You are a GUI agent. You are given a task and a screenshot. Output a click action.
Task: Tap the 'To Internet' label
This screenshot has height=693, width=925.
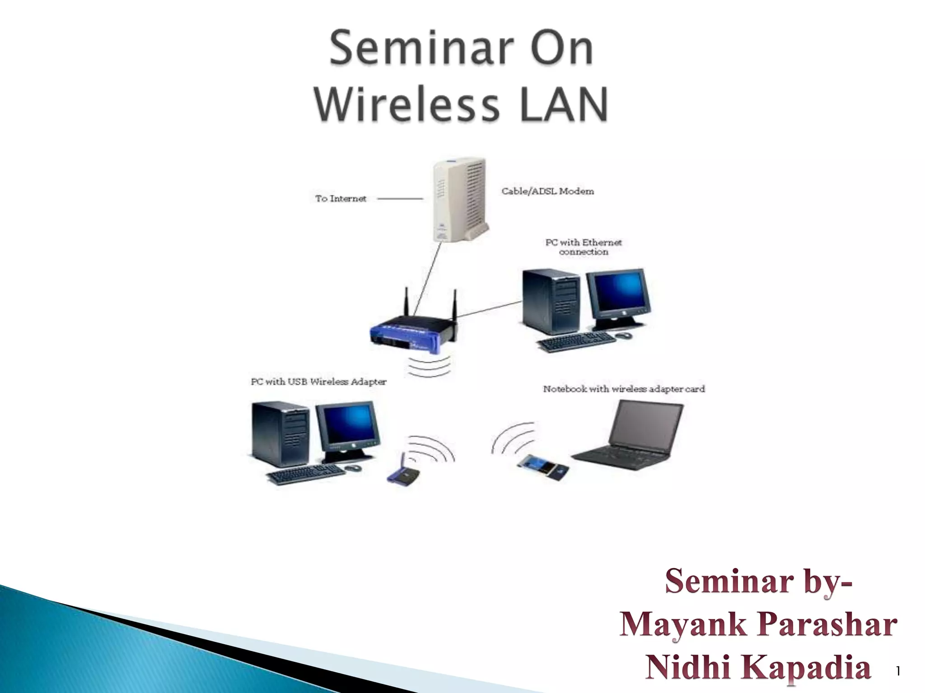(341, 199)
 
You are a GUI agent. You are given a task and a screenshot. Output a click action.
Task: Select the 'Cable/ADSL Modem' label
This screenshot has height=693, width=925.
(547, 191)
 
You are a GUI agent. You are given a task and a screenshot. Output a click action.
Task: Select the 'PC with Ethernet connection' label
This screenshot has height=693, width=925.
(583, 247)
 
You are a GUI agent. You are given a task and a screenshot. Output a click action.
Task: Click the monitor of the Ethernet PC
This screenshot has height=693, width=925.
(618, 296)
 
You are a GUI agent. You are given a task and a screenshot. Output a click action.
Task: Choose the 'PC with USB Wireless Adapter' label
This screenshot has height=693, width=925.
(318, 382)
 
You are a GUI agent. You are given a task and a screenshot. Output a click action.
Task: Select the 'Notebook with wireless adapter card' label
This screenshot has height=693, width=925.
(623, 389)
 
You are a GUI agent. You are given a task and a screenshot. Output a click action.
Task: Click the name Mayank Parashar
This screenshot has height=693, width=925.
(758, 625)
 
